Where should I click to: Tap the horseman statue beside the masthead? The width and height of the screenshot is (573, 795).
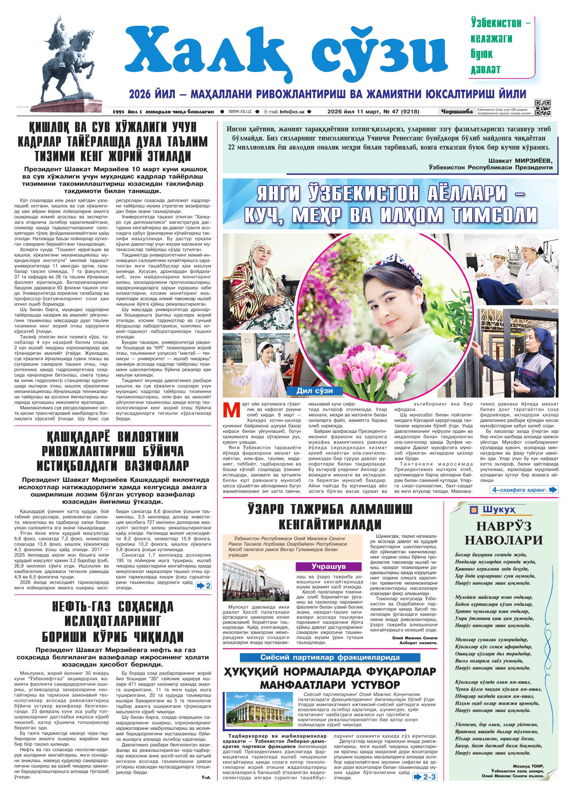coord(64,64)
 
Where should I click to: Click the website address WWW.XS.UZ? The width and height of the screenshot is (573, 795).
coord(240,112)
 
